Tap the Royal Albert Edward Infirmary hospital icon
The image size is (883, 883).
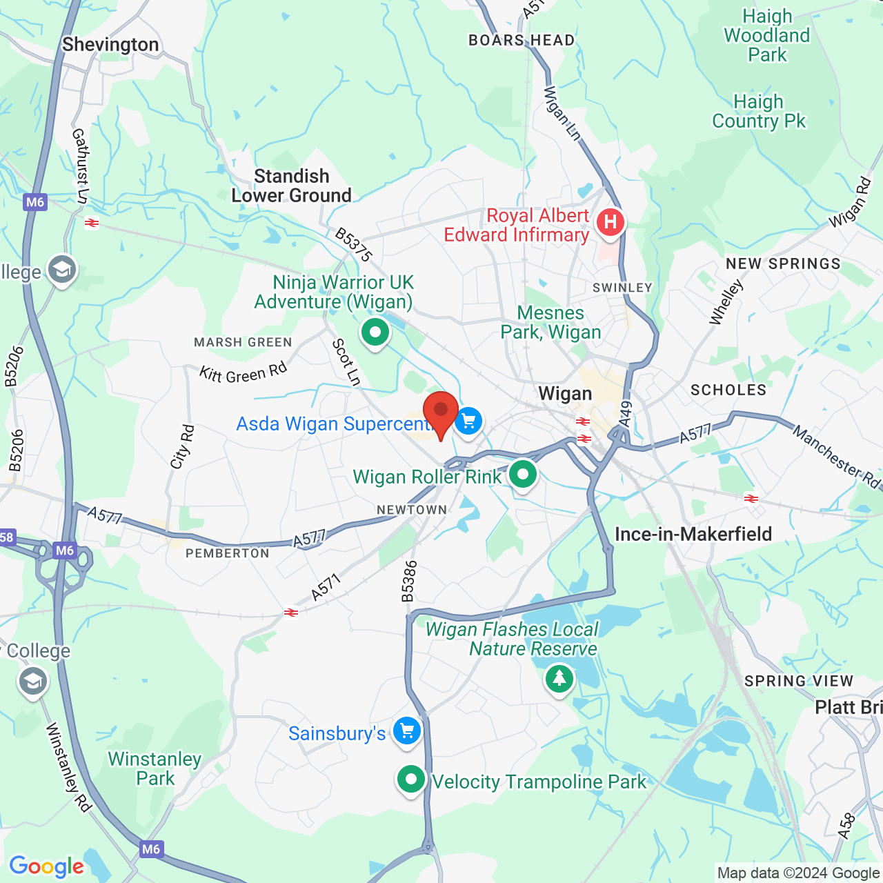pos(610,223)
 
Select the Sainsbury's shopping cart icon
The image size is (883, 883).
pos(407,731)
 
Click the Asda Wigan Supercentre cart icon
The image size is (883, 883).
pos(468,421)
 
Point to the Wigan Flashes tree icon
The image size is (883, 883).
pos(559,679)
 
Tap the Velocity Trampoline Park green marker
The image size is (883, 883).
pos(411,780)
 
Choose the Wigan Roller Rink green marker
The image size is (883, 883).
pos(523,475)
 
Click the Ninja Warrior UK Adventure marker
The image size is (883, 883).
pos(375,333)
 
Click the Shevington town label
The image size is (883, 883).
pos(110,45)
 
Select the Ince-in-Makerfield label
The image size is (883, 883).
pos(693,534)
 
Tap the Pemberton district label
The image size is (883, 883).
pos(228,553)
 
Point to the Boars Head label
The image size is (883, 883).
pos(522,40)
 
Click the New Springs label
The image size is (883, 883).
pos(783,264)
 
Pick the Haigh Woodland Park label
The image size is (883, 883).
pos(767,35)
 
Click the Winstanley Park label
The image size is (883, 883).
pos(155,768)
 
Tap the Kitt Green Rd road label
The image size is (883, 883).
pos(243,373)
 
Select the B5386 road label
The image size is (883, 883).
pos(410,581)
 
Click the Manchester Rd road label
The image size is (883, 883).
pos(836,457)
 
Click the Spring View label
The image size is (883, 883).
pos(798,681)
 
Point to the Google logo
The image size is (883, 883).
pos(47,866)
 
